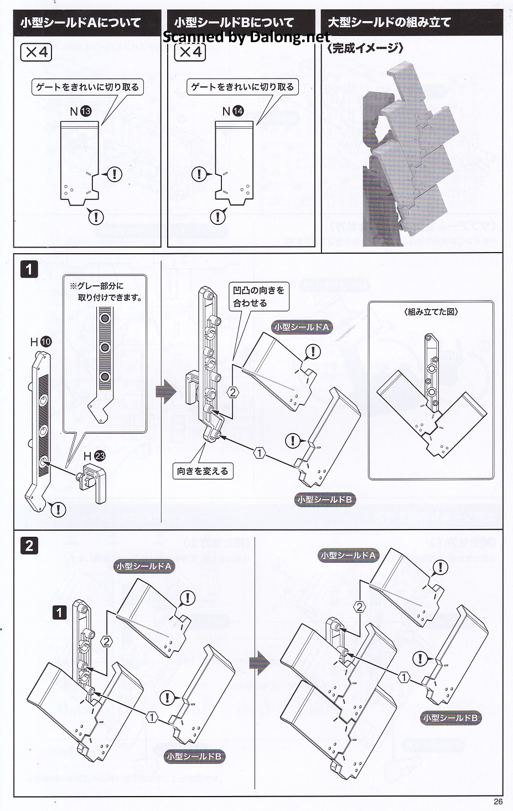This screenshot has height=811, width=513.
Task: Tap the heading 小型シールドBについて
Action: pyautogui.click(x=234, y=23)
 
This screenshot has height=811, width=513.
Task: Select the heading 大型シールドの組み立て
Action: pyautogui.click(x=389, y=23)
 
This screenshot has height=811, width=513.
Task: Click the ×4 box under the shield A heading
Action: pyautogui.click(x=36, y=53)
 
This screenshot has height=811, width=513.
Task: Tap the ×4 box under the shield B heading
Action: pyautogui.click(x=190, y=53)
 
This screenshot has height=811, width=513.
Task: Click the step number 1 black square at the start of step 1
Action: pyautogui.click(x=29, y=270)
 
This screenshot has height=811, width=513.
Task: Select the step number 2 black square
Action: pyautogui.click(x=29, y=545)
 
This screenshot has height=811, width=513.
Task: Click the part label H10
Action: pyautogui.click(x=40, y=342)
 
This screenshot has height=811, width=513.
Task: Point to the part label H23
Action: pyautogui.click(x=94, y=456)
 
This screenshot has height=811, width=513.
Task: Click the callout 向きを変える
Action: pyautogui.click(x=202, y=471)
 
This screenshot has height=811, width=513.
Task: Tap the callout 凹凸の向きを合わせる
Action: pyautogui.click(x=258, y=296)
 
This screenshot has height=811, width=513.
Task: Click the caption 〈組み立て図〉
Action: pyautogui.click(x=431, y=312)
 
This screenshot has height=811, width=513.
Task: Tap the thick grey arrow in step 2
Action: pyautogui.click(x=259, y=663)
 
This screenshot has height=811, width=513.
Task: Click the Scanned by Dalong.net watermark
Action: pyautogui.click(x=246, y=37)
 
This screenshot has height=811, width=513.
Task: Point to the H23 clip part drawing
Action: pyautogui.click(x=93, y=482)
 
